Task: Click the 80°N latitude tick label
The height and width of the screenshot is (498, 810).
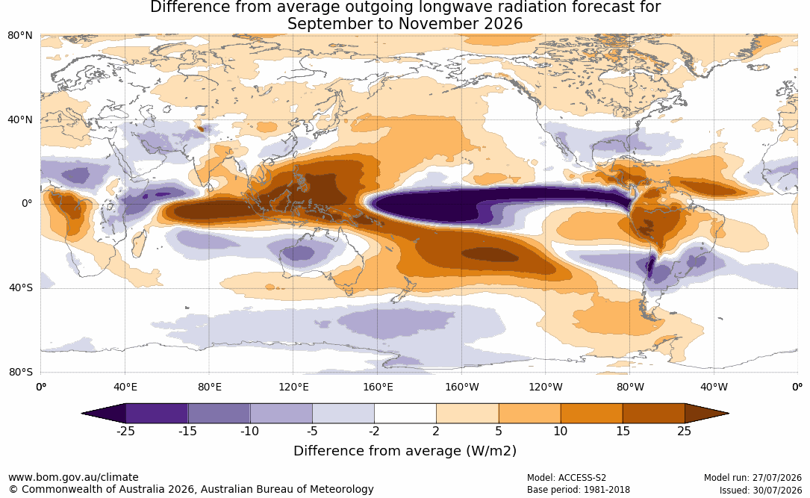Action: click(19, 36)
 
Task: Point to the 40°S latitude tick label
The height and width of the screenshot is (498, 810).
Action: click(20, 287)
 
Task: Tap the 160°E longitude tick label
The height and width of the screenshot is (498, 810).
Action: click(378, 387)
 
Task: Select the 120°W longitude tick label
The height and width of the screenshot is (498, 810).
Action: click(546, 387)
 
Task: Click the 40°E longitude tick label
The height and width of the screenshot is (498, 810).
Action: click(125, 387)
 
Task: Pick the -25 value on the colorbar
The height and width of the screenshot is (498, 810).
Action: click(125, 431)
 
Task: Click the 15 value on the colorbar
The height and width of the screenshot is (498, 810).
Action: click(623, 431)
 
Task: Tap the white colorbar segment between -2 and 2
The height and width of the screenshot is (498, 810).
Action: click(405, 414)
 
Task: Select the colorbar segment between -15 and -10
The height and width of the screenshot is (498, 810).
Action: click(219, 414)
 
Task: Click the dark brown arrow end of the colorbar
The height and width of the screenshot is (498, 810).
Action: click(705, 414)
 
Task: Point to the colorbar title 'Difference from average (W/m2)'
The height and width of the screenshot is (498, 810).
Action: click(405, 451)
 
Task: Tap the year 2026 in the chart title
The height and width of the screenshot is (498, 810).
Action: click(503, 24)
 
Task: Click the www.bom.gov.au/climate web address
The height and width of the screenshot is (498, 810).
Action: click(73, 477)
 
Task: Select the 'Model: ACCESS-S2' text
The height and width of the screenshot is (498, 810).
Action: click(567, 478)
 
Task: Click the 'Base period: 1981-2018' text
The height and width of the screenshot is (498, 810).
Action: click(579, 490)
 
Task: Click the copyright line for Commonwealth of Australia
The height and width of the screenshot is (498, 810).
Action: click(191, 489)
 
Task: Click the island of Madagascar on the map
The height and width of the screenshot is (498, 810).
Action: click(138, 243)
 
